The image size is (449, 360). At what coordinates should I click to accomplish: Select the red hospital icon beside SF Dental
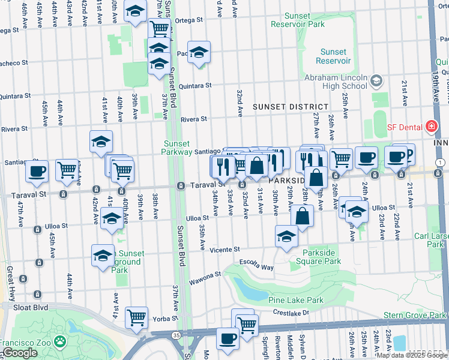430,127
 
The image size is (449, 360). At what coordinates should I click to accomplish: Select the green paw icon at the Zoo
59,342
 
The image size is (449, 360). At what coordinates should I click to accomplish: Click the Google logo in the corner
20,353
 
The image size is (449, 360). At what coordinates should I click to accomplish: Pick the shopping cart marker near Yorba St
137,316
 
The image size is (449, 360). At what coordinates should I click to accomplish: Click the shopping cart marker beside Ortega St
159,28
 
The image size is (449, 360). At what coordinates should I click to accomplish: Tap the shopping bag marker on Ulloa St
303,216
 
